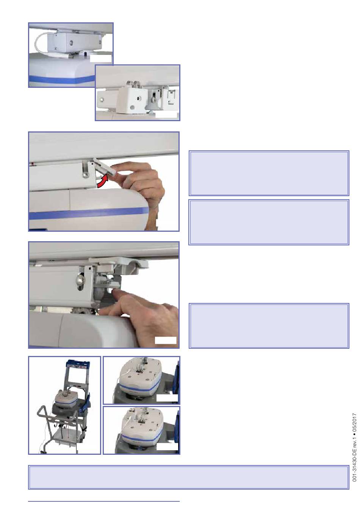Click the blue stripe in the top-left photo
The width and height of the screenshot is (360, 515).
(62, 78)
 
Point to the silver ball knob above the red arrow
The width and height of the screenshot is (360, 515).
(85, 175)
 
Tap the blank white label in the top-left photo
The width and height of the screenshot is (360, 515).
(101, 58)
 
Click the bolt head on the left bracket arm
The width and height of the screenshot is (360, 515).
(102, 100)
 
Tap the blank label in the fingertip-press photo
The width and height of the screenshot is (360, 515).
(166, 340)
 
